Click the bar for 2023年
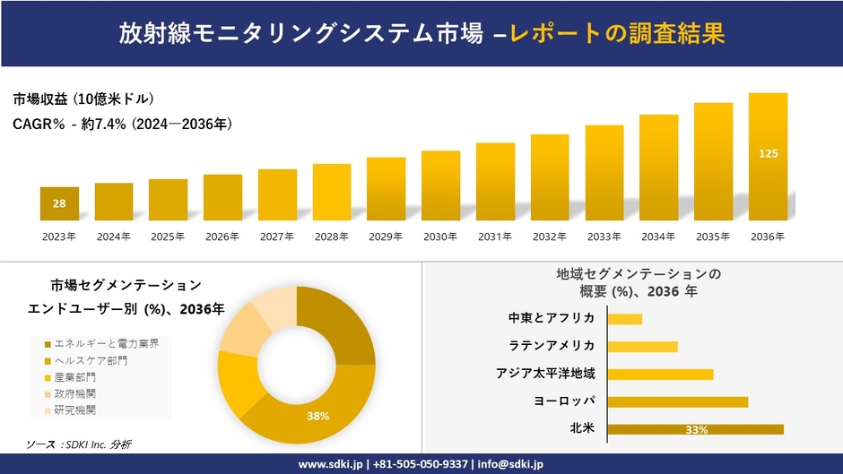(59, 203)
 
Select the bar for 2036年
(768, 157)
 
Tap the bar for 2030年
(440, 185)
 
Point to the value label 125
(768, 154)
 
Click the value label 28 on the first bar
(59, 204)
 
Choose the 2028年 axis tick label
(331, 237)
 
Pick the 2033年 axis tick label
(604, 237)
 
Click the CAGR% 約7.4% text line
(123, 125)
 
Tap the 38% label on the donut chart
(317, 417)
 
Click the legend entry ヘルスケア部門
(90, 360)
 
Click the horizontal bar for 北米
(695, 429)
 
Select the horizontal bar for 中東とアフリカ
(624, 319)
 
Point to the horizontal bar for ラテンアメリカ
(642, 346)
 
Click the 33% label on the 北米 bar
(696, 430)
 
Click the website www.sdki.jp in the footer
(329, 464)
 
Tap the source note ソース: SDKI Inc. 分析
(79, 444)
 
